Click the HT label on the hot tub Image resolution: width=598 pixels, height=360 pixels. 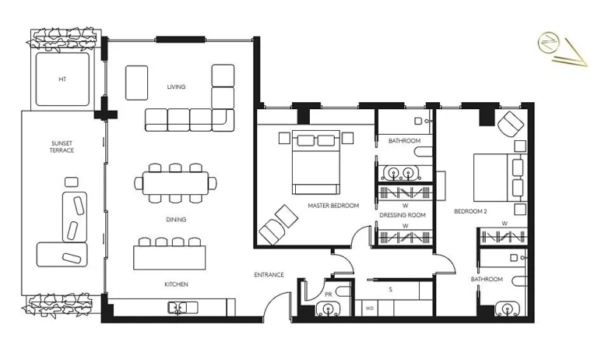62,79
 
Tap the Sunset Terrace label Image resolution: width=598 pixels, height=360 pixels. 62,147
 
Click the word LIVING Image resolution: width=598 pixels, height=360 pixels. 176,86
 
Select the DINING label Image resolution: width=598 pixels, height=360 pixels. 176,220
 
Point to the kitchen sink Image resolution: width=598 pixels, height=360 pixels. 183,308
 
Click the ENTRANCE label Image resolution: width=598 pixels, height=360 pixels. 269,274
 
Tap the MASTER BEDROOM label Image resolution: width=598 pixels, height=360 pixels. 333,206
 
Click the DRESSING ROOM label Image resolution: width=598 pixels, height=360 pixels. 403,215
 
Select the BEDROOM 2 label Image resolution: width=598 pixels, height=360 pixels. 470,211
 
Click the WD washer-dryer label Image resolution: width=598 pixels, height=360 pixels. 370,309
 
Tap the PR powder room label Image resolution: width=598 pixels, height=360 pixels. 329,295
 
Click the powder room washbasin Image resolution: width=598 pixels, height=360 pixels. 328,309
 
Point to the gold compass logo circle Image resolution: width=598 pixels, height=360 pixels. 548,43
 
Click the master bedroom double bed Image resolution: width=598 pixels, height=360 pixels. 316,162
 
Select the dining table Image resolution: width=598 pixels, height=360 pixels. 176,183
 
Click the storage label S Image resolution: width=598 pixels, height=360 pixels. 391,290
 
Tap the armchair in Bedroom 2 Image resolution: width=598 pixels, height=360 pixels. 511,124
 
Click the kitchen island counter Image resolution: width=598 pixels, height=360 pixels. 169,258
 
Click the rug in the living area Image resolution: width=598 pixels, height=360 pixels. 136,83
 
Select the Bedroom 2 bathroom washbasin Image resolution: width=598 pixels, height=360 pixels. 507,309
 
